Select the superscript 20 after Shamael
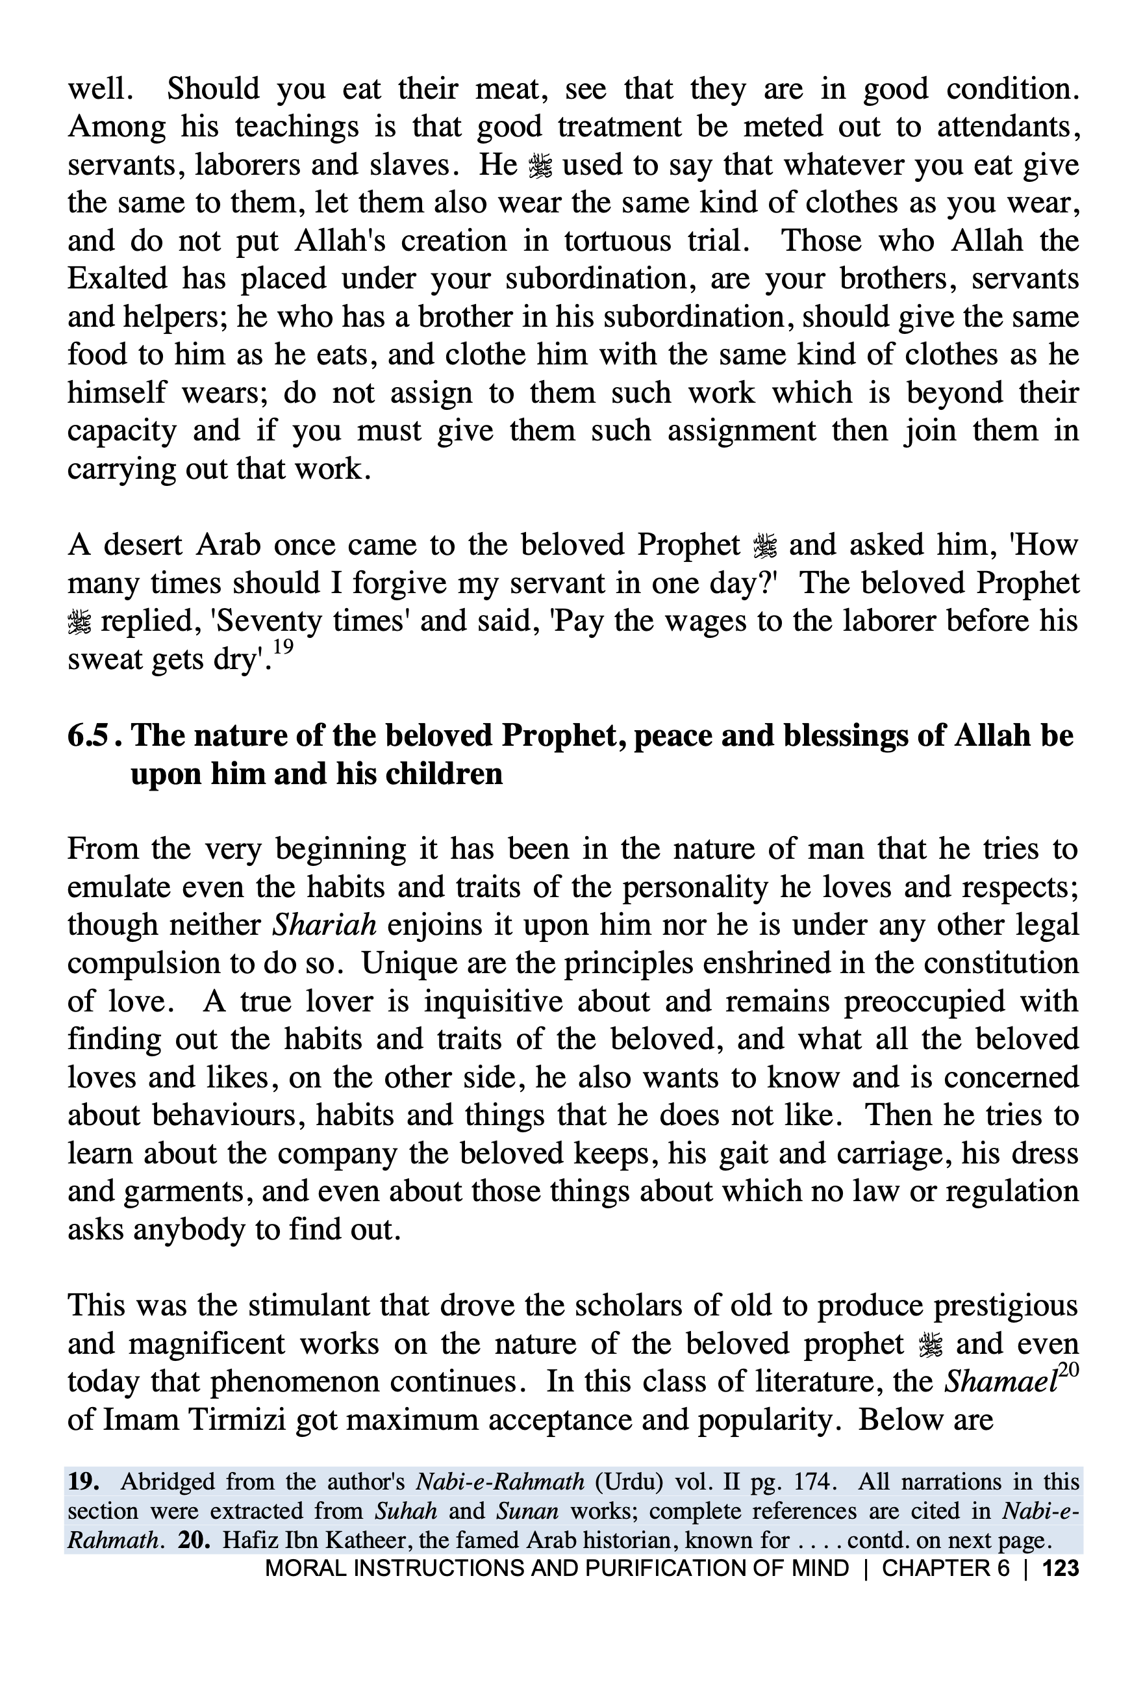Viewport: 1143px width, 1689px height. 1068,1370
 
